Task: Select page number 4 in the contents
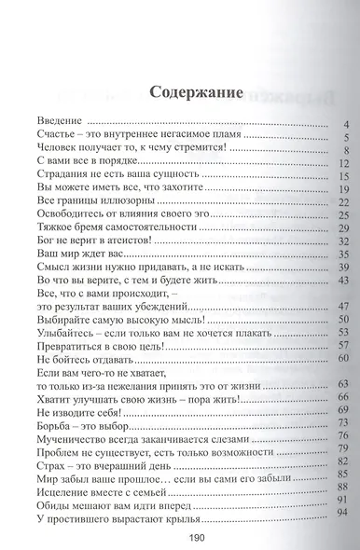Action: click(x=345, y=123)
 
